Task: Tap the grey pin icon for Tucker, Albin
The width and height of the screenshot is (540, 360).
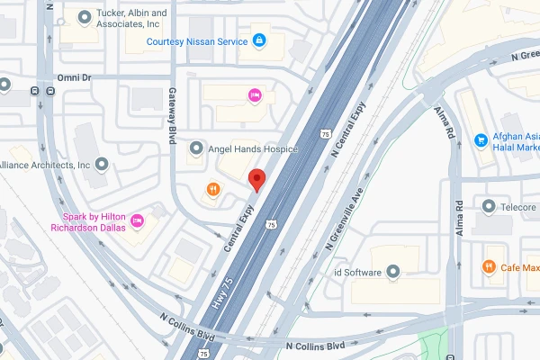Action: click(x=85, y=15)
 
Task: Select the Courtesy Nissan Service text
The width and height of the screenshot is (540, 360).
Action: click(x=195, y=40)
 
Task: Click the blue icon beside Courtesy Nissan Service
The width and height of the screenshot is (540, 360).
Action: click(x=259, y=40)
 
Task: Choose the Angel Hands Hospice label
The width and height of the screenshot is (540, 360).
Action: click(x=253, y=148)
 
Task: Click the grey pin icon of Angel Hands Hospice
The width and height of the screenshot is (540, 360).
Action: click(x=196, y=148)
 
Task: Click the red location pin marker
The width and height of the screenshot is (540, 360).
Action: click(x=256, y=179)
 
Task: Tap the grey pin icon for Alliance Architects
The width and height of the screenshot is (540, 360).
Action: click(x=101, y=165)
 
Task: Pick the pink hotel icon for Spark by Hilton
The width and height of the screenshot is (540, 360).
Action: click(x=138, y=220)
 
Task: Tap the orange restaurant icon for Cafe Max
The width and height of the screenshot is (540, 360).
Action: click(x=488, y=266)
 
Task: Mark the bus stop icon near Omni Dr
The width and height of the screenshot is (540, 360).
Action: click(x=34, y=91)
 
